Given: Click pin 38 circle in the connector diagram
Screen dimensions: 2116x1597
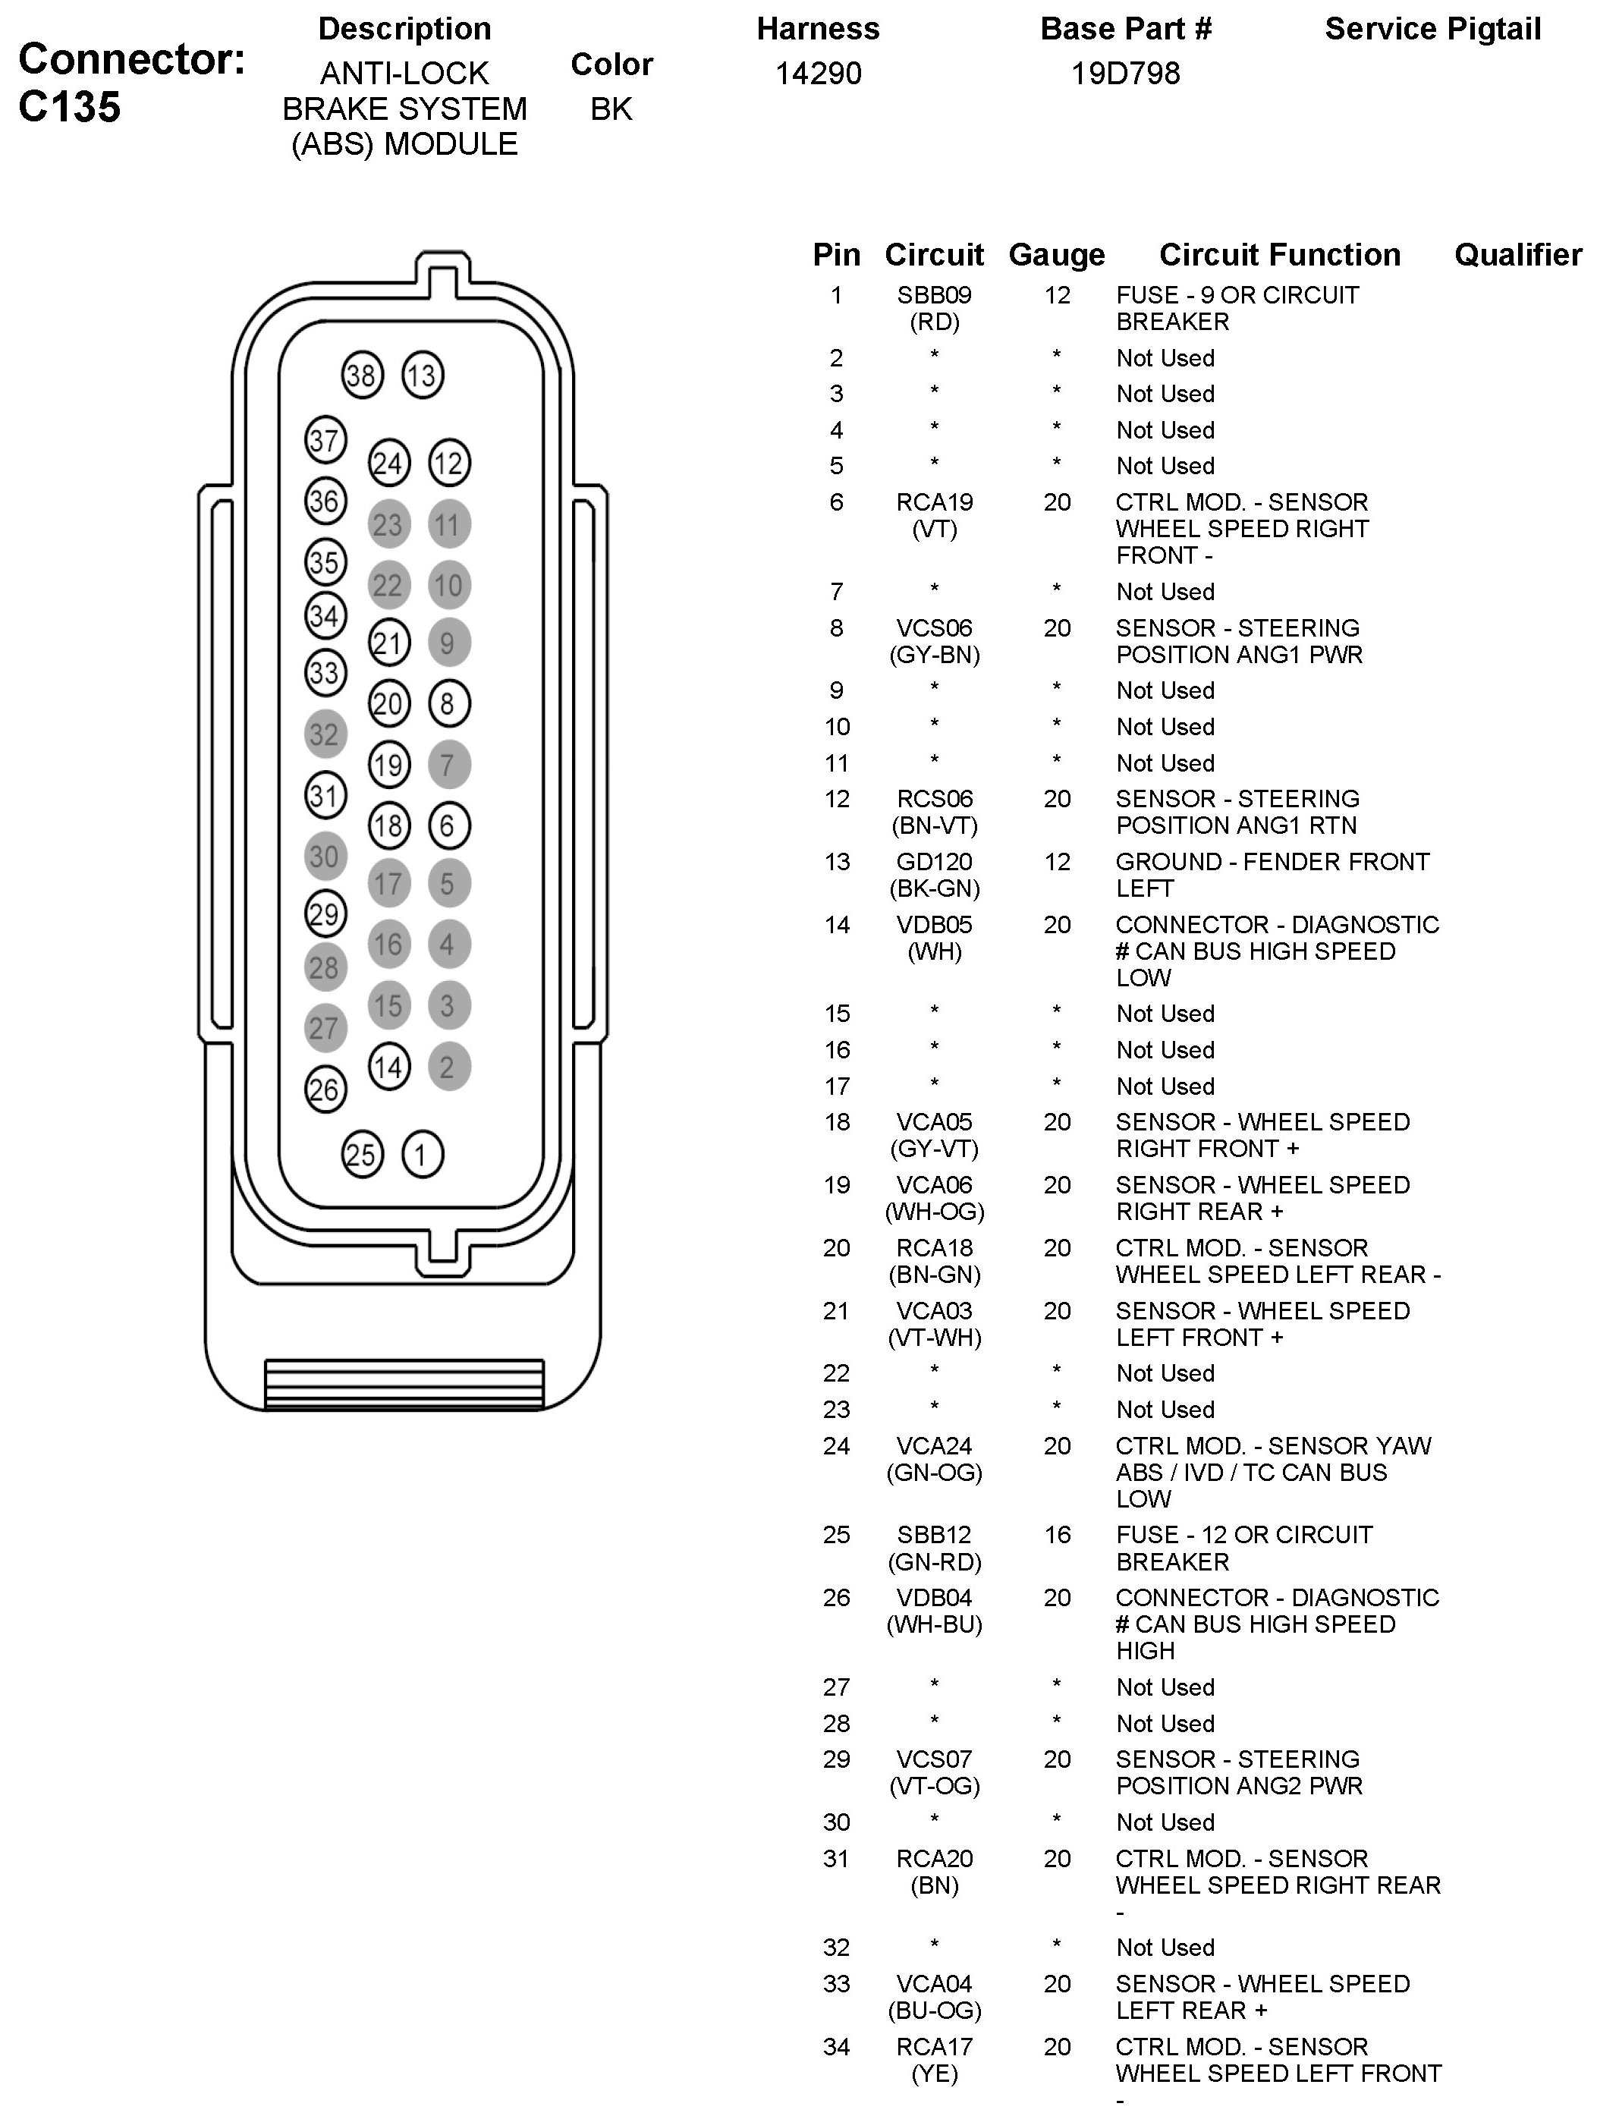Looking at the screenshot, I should click(361, 375).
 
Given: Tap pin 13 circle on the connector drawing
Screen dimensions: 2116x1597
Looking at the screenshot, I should click(422, 375).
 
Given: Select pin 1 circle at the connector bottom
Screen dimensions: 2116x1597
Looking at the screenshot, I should click(422, 1154).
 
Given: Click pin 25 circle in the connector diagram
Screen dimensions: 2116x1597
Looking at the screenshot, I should click(361, 1154).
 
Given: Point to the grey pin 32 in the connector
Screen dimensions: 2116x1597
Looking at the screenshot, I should click(324, 734).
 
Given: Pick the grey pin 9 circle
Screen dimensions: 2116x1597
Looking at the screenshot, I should click(448, 643).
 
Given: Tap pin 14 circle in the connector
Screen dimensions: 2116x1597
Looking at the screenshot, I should click(388, 1067).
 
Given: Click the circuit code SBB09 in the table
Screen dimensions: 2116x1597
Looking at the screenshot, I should click(933, 296).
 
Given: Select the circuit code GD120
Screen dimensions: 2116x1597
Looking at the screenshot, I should click(933, 862).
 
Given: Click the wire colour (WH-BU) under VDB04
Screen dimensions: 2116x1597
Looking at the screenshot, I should click(934, 1624).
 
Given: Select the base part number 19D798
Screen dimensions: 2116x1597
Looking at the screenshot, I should click(1126, 74).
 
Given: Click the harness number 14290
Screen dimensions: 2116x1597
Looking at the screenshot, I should click(818, 74).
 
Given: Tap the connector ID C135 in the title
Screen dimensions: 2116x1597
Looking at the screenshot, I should click(70, 106).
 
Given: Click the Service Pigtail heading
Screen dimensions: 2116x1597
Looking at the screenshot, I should click(1432, 30).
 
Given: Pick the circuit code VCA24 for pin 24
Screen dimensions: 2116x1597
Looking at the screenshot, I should click(933, 1445).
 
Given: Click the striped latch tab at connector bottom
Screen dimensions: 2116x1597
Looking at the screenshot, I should click(404, 1383).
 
